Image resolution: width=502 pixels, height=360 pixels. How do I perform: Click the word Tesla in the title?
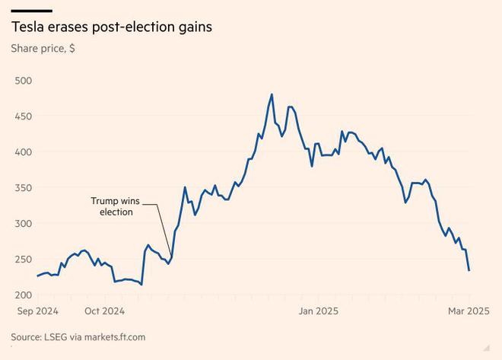tap(28, 27)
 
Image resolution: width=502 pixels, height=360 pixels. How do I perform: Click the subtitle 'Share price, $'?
tap(43, 49)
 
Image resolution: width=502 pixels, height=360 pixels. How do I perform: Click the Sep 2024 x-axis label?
tap(37, 311)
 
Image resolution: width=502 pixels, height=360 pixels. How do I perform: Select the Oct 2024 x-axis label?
tap(104, 311)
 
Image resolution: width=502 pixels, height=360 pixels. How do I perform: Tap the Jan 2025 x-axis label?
tap(318, 311)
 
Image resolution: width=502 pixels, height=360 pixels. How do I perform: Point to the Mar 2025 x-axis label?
tap(468, 311)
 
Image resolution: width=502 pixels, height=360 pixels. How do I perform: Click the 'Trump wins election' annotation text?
tap(116, 206)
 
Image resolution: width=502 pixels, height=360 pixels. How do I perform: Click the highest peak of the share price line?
tap(272, 94)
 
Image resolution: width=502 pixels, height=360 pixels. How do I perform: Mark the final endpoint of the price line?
tap(469, 270)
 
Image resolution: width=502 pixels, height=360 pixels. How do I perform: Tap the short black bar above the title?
tap(31, 11)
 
